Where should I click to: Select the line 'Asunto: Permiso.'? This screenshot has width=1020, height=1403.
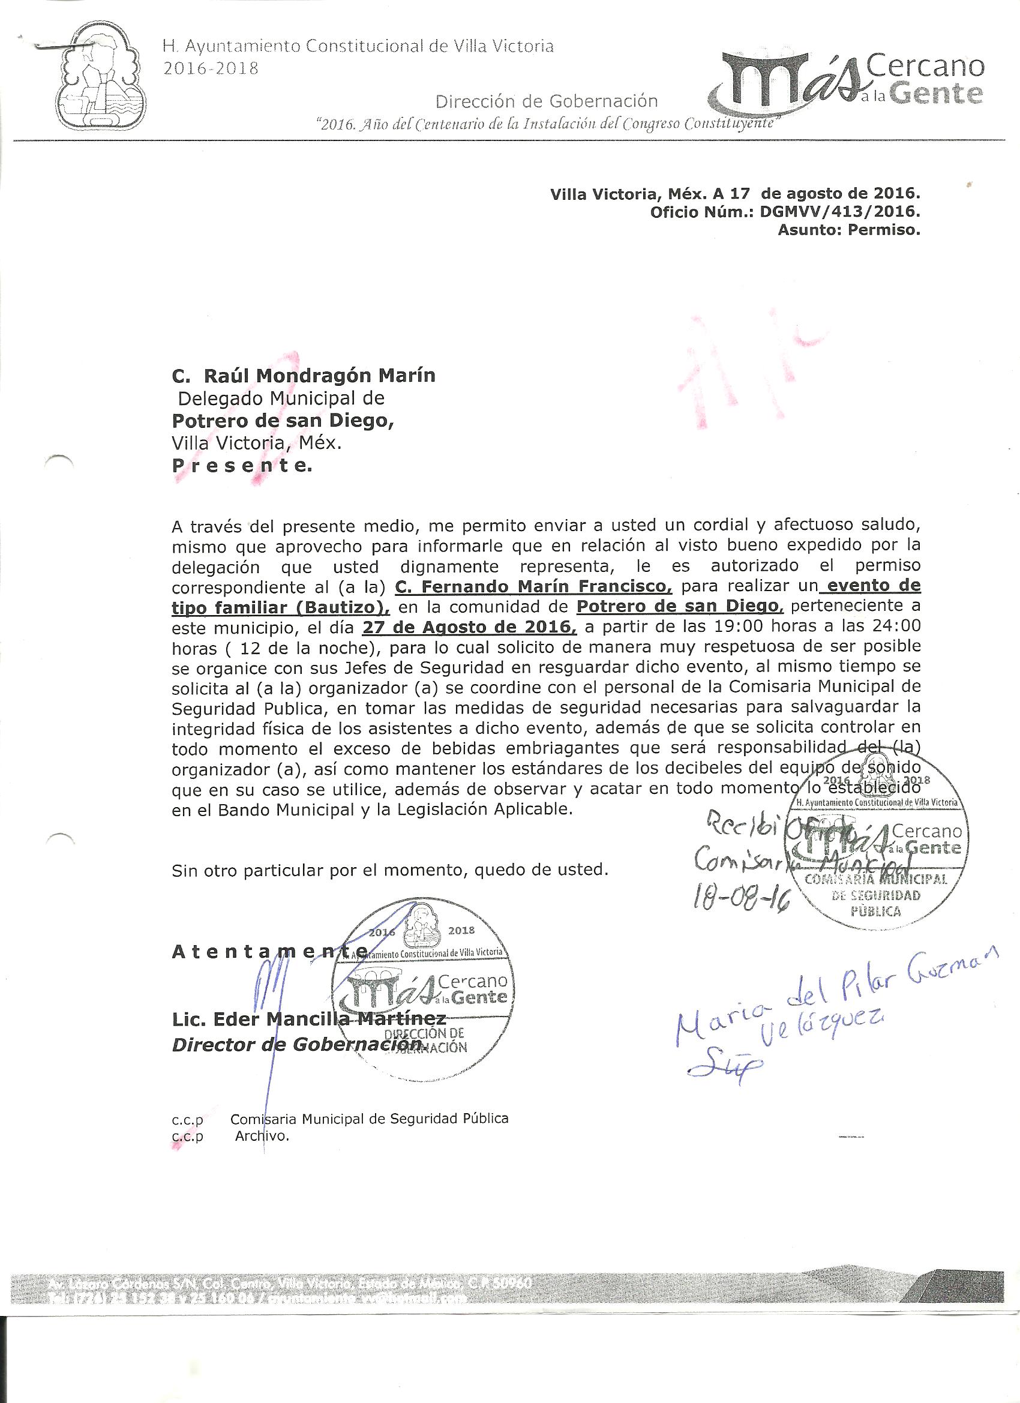click(849, 231)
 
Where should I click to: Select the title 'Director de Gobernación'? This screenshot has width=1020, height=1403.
click(297, 1044)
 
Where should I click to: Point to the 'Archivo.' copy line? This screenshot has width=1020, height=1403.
click(262, 1137)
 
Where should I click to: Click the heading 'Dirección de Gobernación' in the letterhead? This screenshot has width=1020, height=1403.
click(546, 101)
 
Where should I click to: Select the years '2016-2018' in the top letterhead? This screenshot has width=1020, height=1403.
click(211, 68)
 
